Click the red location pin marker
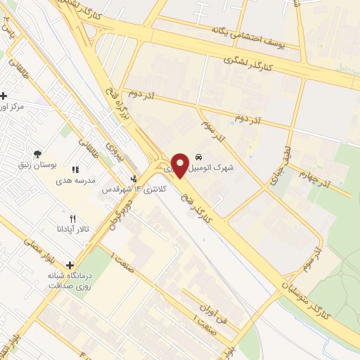click(x=179, y=165)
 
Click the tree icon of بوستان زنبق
click(x=37, y=154)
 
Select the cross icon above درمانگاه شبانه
click(x=71, y=266)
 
